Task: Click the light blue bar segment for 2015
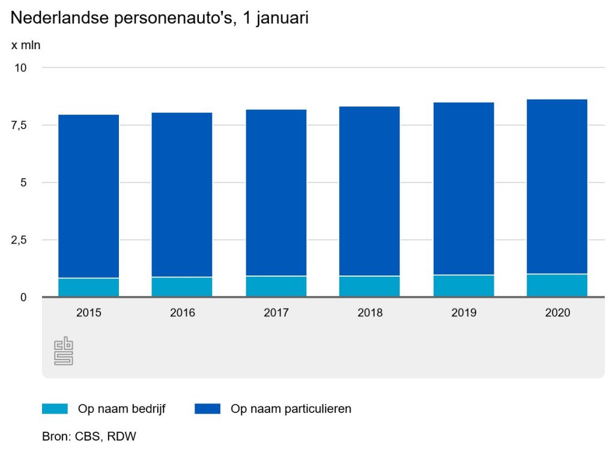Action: pos(88,287)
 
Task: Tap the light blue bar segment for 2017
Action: pos(276,286)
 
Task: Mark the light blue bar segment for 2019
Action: pos(464,286)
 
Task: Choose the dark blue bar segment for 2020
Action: pos(557,186)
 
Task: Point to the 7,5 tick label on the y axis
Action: pos(20,125)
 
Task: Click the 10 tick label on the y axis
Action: pos(20,68)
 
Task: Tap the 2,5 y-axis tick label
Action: pos(20,240)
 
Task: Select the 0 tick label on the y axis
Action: pos(23,297)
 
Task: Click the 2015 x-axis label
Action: pos(88,313)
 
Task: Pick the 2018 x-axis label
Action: pos(369,313)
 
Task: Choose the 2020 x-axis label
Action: pos(557,313)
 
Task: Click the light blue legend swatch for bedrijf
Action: pos(55,409)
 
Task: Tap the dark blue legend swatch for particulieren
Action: pos(208,409)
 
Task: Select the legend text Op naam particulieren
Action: pos(291,409)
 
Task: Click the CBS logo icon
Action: pos(64,352)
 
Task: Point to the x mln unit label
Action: pos(26,45)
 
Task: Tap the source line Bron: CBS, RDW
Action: pos(89,436)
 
